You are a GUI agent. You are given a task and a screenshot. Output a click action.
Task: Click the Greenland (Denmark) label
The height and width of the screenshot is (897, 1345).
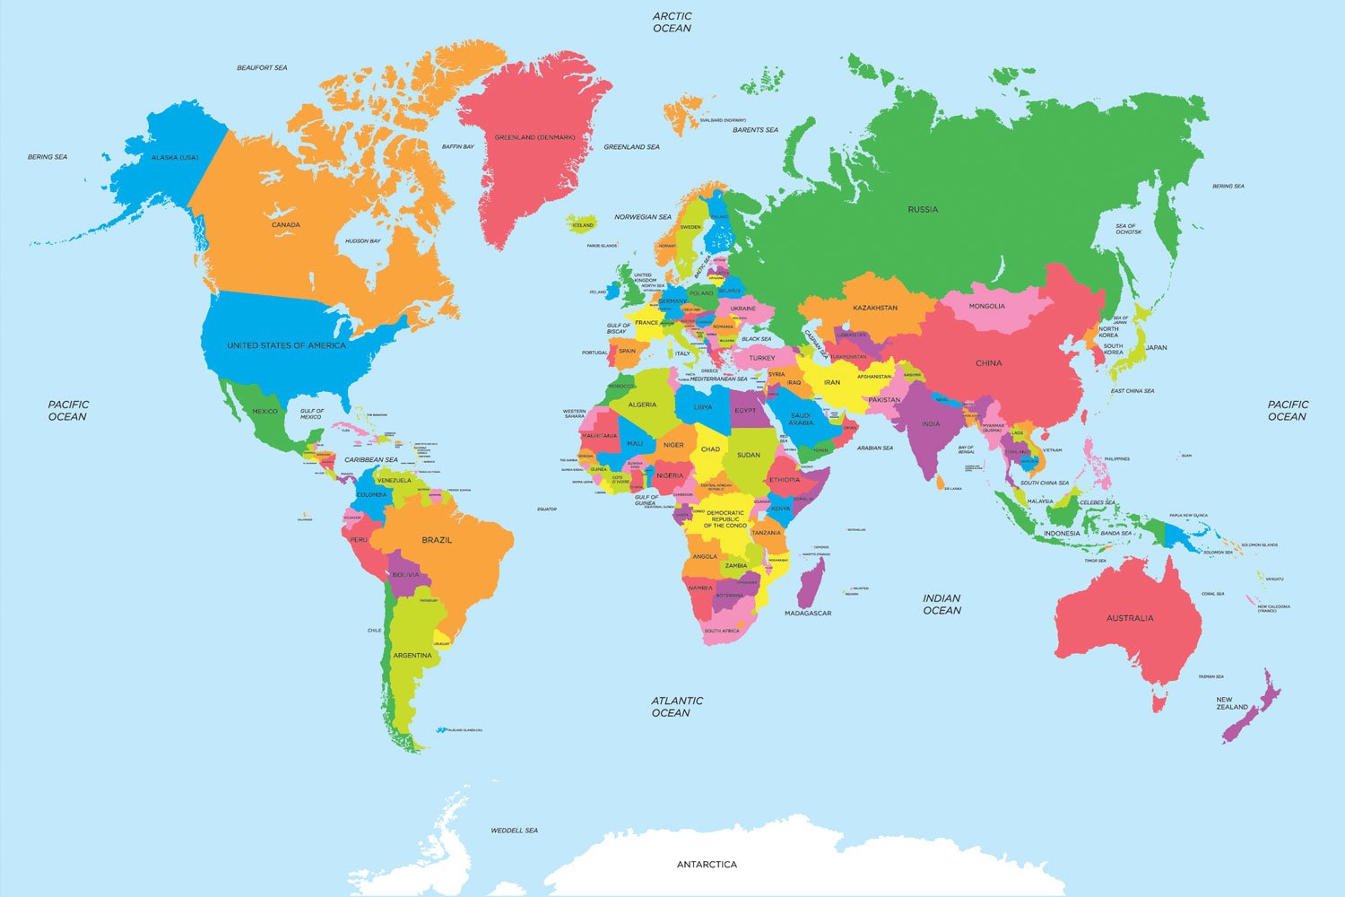pos(534,137)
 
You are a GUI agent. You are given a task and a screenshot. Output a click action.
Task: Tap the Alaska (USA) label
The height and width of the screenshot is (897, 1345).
pos(175,157)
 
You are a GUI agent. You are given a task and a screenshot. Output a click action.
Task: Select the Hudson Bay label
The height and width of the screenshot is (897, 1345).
pos(363,240)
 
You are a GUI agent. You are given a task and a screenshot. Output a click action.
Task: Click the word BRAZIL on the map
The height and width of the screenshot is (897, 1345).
pos(437,540)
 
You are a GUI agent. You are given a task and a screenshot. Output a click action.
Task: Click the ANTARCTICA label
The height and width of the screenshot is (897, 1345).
pos(707,865)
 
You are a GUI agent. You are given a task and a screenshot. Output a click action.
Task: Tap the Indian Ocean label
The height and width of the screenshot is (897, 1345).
pos(941,604)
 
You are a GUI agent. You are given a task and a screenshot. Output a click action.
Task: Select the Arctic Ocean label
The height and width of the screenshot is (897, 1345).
pos(672,22)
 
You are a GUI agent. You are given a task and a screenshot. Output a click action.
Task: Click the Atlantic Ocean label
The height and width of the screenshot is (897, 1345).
pos(677,707)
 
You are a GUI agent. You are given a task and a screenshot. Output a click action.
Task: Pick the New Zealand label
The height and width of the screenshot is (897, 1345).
pos(1231,703)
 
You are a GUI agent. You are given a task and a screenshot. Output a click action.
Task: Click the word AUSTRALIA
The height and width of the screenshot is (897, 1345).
pos(1130,618)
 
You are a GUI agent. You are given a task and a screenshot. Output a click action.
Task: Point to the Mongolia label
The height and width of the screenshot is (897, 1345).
pos(986,306)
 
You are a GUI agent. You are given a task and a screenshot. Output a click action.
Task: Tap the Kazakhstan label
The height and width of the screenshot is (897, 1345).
pos(875,308)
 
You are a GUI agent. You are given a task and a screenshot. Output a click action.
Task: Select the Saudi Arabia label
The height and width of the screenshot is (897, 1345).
pos(801,419)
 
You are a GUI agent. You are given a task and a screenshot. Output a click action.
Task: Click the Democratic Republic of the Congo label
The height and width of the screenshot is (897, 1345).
pos(725,518)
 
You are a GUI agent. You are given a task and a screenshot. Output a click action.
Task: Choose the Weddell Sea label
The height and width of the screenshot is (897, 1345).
pos(514,831)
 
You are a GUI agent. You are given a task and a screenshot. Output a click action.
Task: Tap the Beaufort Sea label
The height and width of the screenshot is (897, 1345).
pos(262,67)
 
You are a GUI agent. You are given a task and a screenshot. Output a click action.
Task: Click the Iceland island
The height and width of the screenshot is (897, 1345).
pos(583,224)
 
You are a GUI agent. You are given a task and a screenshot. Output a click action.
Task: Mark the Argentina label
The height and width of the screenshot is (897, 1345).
pos(412,656)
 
